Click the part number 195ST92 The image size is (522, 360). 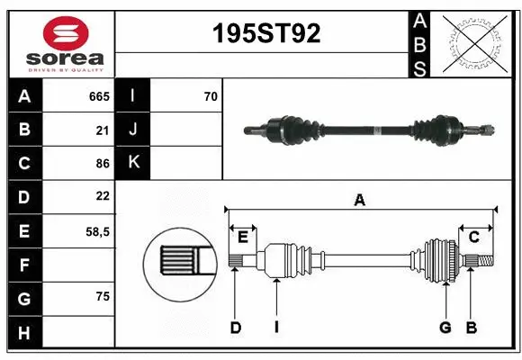click(x=265, y=34)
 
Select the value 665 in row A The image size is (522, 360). click(x=99, y=96)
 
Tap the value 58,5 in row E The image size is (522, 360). click(x=97, y=231)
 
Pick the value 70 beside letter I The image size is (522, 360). click(x=211, y=96)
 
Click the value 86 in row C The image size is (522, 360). click(x=102, y=164)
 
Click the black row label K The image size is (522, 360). click(x=133, y=163)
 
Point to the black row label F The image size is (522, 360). click(x=23, y=265)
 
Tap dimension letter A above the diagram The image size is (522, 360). click(x=360, y=201)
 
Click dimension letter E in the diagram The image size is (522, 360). click(x=243, y=237)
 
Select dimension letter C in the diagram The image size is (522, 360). click(x=473, y=237)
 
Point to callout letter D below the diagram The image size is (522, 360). click(x=235, y=328)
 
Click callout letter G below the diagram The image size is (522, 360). click(x=445, y=328)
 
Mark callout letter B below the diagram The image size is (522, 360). click(x=471, y=328)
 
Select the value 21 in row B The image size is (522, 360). click(x=102, y=130)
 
